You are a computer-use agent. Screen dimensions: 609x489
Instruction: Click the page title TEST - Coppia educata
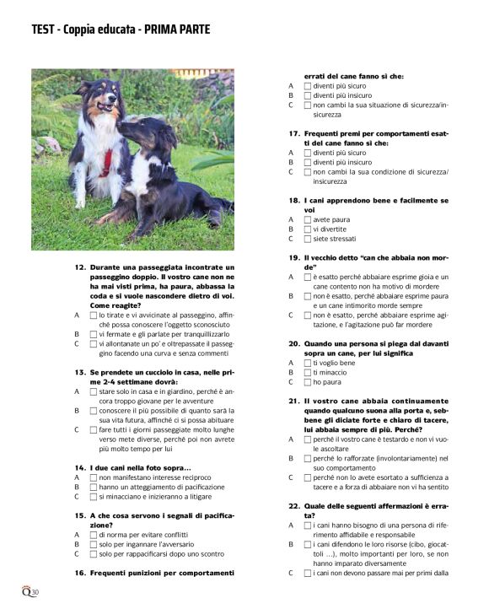pyautogui.click(x=121, y=30)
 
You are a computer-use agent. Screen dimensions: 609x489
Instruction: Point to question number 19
pyautogui.click(x=293, y=257)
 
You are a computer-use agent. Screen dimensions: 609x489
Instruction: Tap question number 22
pyautogui.click(x=293, y=505)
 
